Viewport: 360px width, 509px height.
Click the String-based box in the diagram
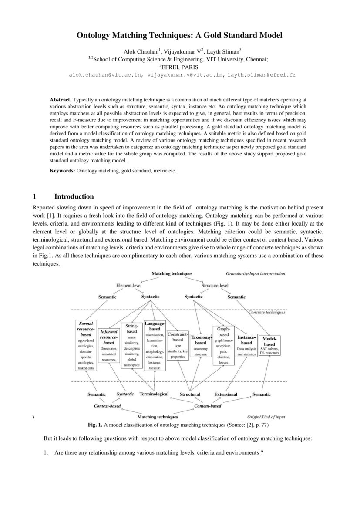(132, 346)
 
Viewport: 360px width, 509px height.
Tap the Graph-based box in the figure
(223, 345)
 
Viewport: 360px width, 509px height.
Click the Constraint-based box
(178, 345)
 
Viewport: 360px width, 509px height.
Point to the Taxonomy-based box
(201, 346)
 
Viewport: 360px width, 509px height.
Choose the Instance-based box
(246, 346)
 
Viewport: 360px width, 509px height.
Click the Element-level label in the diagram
(129, 285)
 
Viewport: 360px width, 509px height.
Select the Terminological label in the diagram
(154, 394)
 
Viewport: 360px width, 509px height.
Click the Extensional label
(225, 394)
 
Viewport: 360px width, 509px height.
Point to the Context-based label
(107, 406)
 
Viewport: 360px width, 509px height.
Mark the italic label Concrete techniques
(266, 312)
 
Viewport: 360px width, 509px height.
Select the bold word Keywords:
(63, 171)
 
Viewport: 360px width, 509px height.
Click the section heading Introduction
(74, 196)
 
